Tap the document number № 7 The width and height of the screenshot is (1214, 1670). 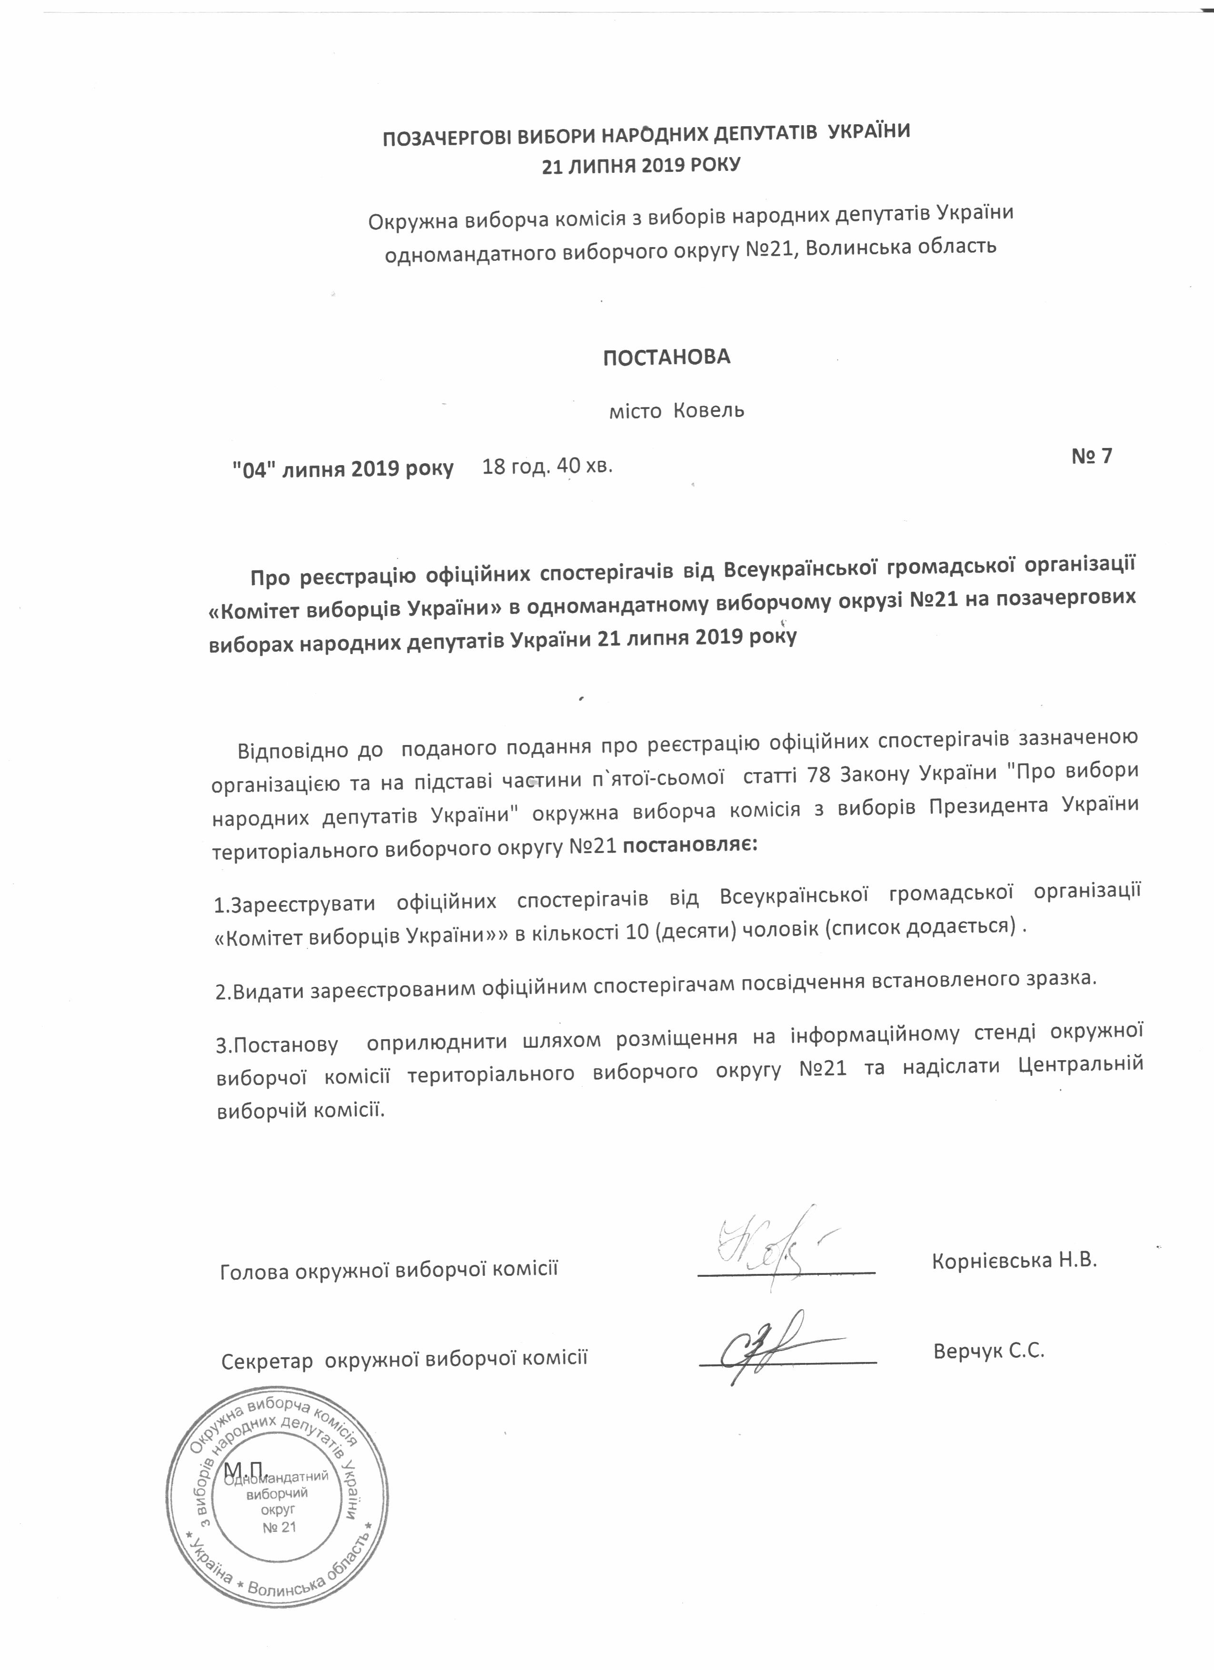[x=1091, y=456]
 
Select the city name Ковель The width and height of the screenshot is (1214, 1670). [x=709, y=410]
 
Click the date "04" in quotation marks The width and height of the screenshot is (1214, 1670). [x=254, y=469]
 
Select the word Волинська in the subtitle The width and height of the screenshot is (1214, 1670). [x=859, y=246]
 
